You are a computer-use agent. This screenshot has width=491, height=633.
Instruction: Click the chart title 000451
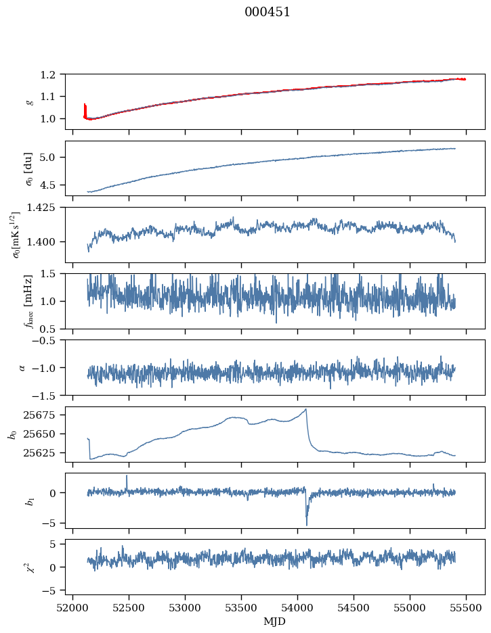[x=268, y=12]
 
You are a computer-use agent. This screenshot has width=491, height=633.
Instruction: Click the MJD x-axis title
[x=275, y=621]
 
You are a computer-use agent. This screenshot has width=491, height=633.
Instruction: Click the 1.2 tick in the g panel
[x=52, y=74]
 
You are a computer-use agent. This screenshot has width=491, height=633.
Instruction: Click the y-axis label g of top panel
[x=28, y=101]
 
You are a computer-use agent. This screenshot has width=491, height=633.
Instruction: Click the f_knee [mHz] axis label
[x=29, y=301]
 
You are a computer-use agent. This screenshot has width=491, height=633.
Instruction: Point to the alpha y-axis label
[x=22, y=367]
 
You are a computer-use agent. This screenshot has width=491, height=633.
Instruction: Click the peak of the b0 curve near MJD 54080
[x=306, y=409]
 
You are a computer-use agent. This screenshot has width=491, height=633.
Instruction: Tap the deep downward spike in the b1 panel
[x=306, y=524]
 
